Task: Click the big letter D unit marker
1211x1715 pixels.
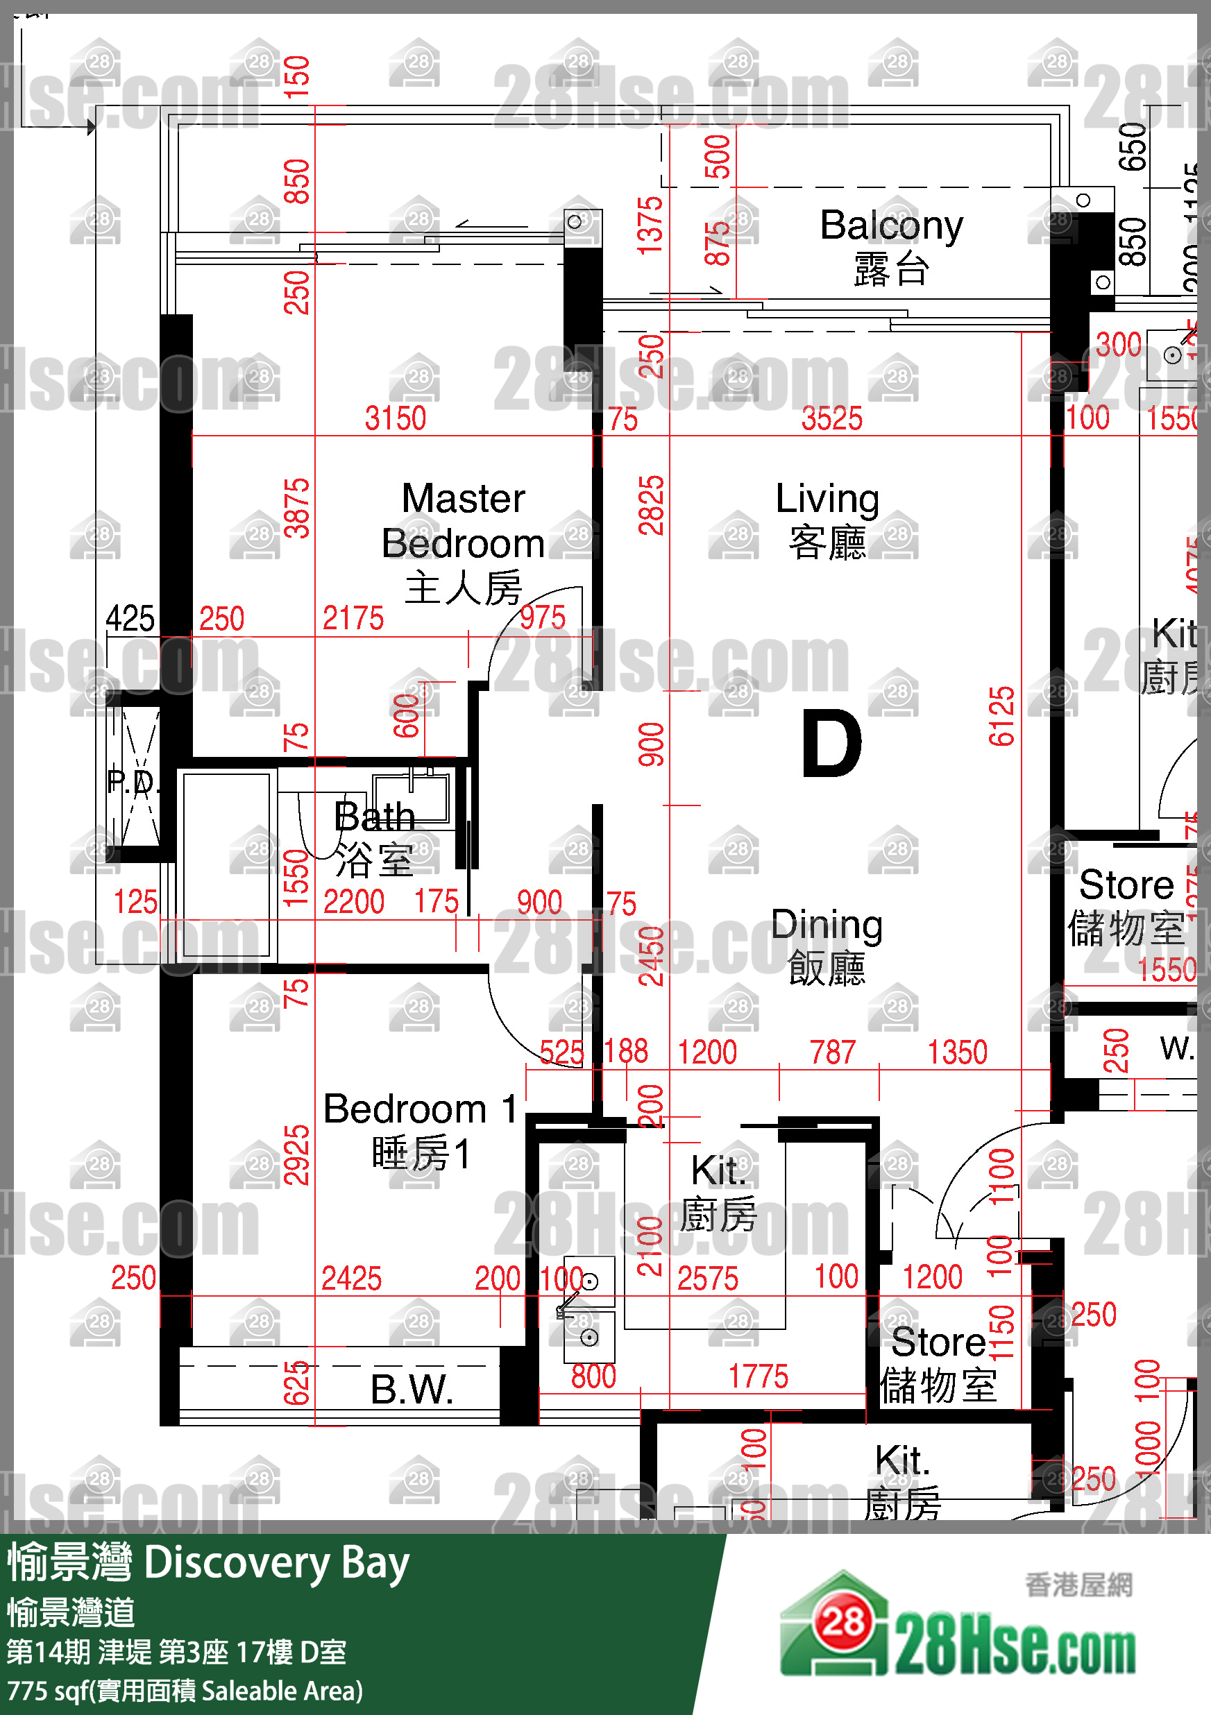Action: tap(831, 744)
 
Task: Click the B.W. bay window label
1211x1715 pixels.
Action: tap(412, 1390)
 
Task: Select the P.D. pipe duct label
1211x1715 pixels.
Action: tap(133, 781)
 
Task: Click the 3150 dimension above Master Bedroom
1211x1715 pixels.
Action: tap(395, 418)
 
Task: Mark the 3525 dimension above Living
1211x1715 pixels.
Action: tap(831, 418)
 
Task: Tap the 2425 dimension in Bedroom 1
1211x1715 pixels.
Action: tap(351, 1278)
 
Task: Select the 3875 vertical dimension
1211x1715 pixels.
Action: tap(297, 508)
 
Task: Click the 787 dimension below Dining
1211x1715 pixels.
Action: tap(832, 1052)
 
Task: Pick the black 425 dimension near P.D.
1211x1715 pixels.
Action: tap(130, 618)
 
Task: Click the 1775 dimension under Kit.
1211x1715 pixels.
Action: tap(759, 1376)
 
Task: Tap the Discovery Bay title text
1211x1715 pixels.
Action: tap(276, 1563)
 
